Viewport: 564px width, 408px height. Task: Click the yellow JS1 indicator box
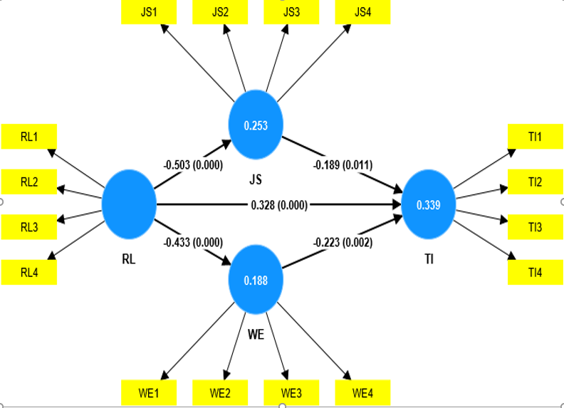[150, 13]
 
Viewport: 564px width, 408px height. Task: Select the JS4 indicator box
[362, 13]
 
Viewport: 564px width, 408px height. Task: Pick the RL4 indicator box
[29, 271]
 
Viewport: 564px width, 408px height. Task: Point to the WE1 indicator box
[150, 392]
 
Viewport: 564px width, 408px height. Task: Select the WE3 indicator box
[291, 392]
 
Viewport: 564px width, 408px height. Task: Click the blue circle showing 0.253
[256, 126]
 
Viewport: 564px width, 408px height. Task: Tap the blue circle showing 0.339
[429, 205]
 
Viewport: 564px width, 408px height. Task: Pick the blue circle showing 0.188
[256, 280]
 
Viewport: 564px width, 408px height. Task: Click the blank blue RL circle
[129, 205]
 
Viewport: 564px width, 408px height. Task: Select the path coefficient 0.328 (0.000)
[279, 205]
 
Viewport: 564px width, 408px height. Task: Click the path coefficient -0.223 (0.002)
[342, 243]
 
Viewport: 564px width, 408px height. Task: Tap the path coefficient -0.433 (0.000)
[194, 243]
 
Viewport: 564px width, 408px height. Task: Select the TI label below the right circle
[429, 260]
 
